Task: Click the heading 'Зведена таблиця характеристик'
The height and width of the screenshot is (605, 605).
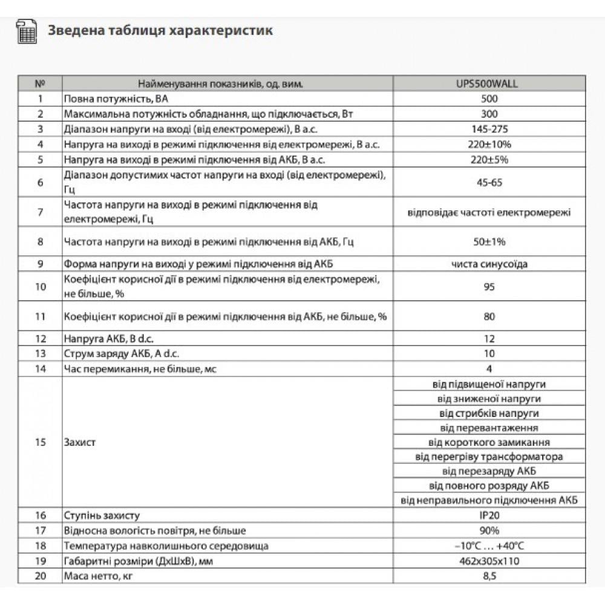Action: (160, 30)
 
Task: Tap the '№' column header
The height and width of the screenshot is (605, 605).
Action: (40, 84)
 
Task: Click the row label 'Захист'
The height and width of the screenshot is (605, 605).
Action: (79, 442)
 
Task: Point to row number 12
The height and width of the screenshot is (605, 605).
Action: (40, 339)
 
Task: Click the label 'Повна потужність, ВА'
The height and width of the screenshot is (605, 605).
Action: (110, 99)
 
